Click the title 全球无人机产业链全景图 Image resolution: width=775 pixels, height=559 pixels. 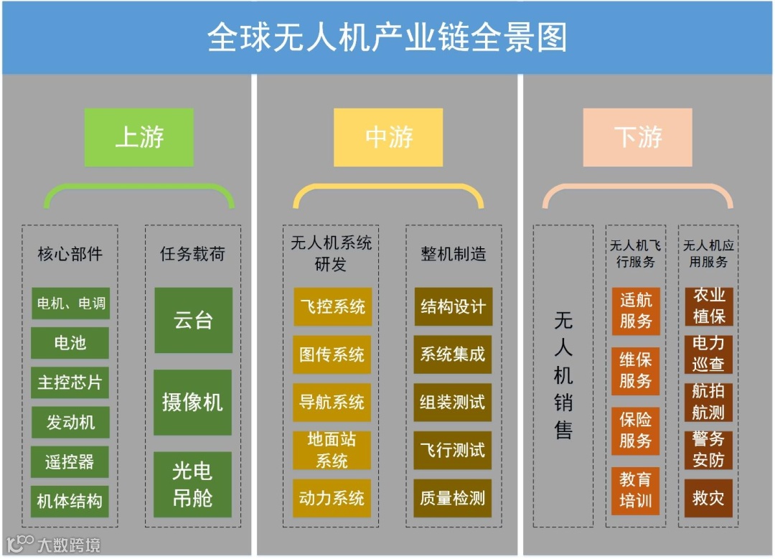pyautogui.click(x=387, y=37)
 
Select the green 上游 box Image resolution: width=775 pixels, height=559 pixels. pyautogui.click(x=139, y=137)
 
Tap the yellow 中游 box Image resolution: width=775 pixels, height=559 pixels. pyautogui.click(x=388, y=137)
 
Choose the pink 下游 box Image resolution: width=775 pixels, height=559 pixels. pyautogui.click(x=637, y=137)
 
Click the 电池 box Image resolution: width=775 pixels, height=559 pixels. pyautogui.click(x=70, y=343)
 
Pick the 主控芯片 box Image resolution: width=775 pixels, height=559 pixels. pyautogui.click(x=70, y=382)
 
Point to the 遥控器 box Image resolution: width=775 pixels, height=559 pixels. pyautogui.click(x=70, y=462)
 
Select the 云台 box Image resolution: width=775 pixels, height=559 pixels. pyautogui.click(x=193, y=320)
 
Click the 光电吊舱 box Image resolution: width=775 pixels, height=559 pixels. pyautogui.click(x=193, y=484)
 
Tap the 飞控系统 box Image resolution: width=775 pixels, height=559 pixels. pyautogui.click(x=332, y=307)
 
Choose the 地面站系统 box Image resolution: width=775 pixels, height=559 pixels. pyautogui.click(x=332, y=451)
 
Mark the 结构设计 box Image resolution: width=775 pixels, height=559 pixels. pyautogui.click(x=453, y=307)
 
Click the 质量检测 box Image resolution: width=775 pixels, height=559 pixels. pyautogui.click(x=453, y=498)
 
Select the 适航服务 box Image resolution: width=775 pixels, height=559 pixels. pyautogui.click(x=636, y=311)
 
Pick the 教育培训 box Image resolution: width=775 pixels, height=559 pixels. pyautogui.click(x=636, y=489)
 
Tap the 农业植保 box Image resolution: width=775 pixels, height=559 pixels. pyautogui.click(x=709, y=306)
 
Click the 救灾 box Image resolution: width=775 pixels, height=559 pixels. pyautogui.click(x=709, y=498)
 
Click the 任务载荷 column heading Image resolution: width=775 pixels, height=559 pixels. pyautogui.click(x=192, y=254)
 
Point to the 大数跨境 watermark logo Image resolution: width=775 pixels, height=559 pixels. pyautogui.click(x=53, y=543)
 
